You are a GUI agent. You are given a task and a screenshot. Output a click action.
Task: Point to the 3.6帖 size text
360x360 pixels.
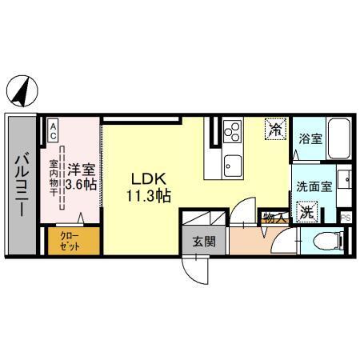[x=81, y=185]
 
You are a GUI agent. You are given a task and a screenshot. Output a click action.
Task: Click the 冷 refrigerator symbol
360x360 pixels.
[x=275, y=128]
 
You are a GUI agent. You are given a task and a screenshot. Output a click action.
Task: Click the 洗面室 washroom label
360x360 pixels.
[x=312, y=186]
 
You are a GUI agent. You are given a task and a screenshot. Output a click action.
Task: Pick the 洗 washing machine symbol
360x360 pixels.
[x=306, y=212]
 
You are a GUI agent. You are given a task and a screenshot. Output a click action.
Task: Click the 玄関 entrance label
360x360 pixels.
[x=202, y=240]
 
